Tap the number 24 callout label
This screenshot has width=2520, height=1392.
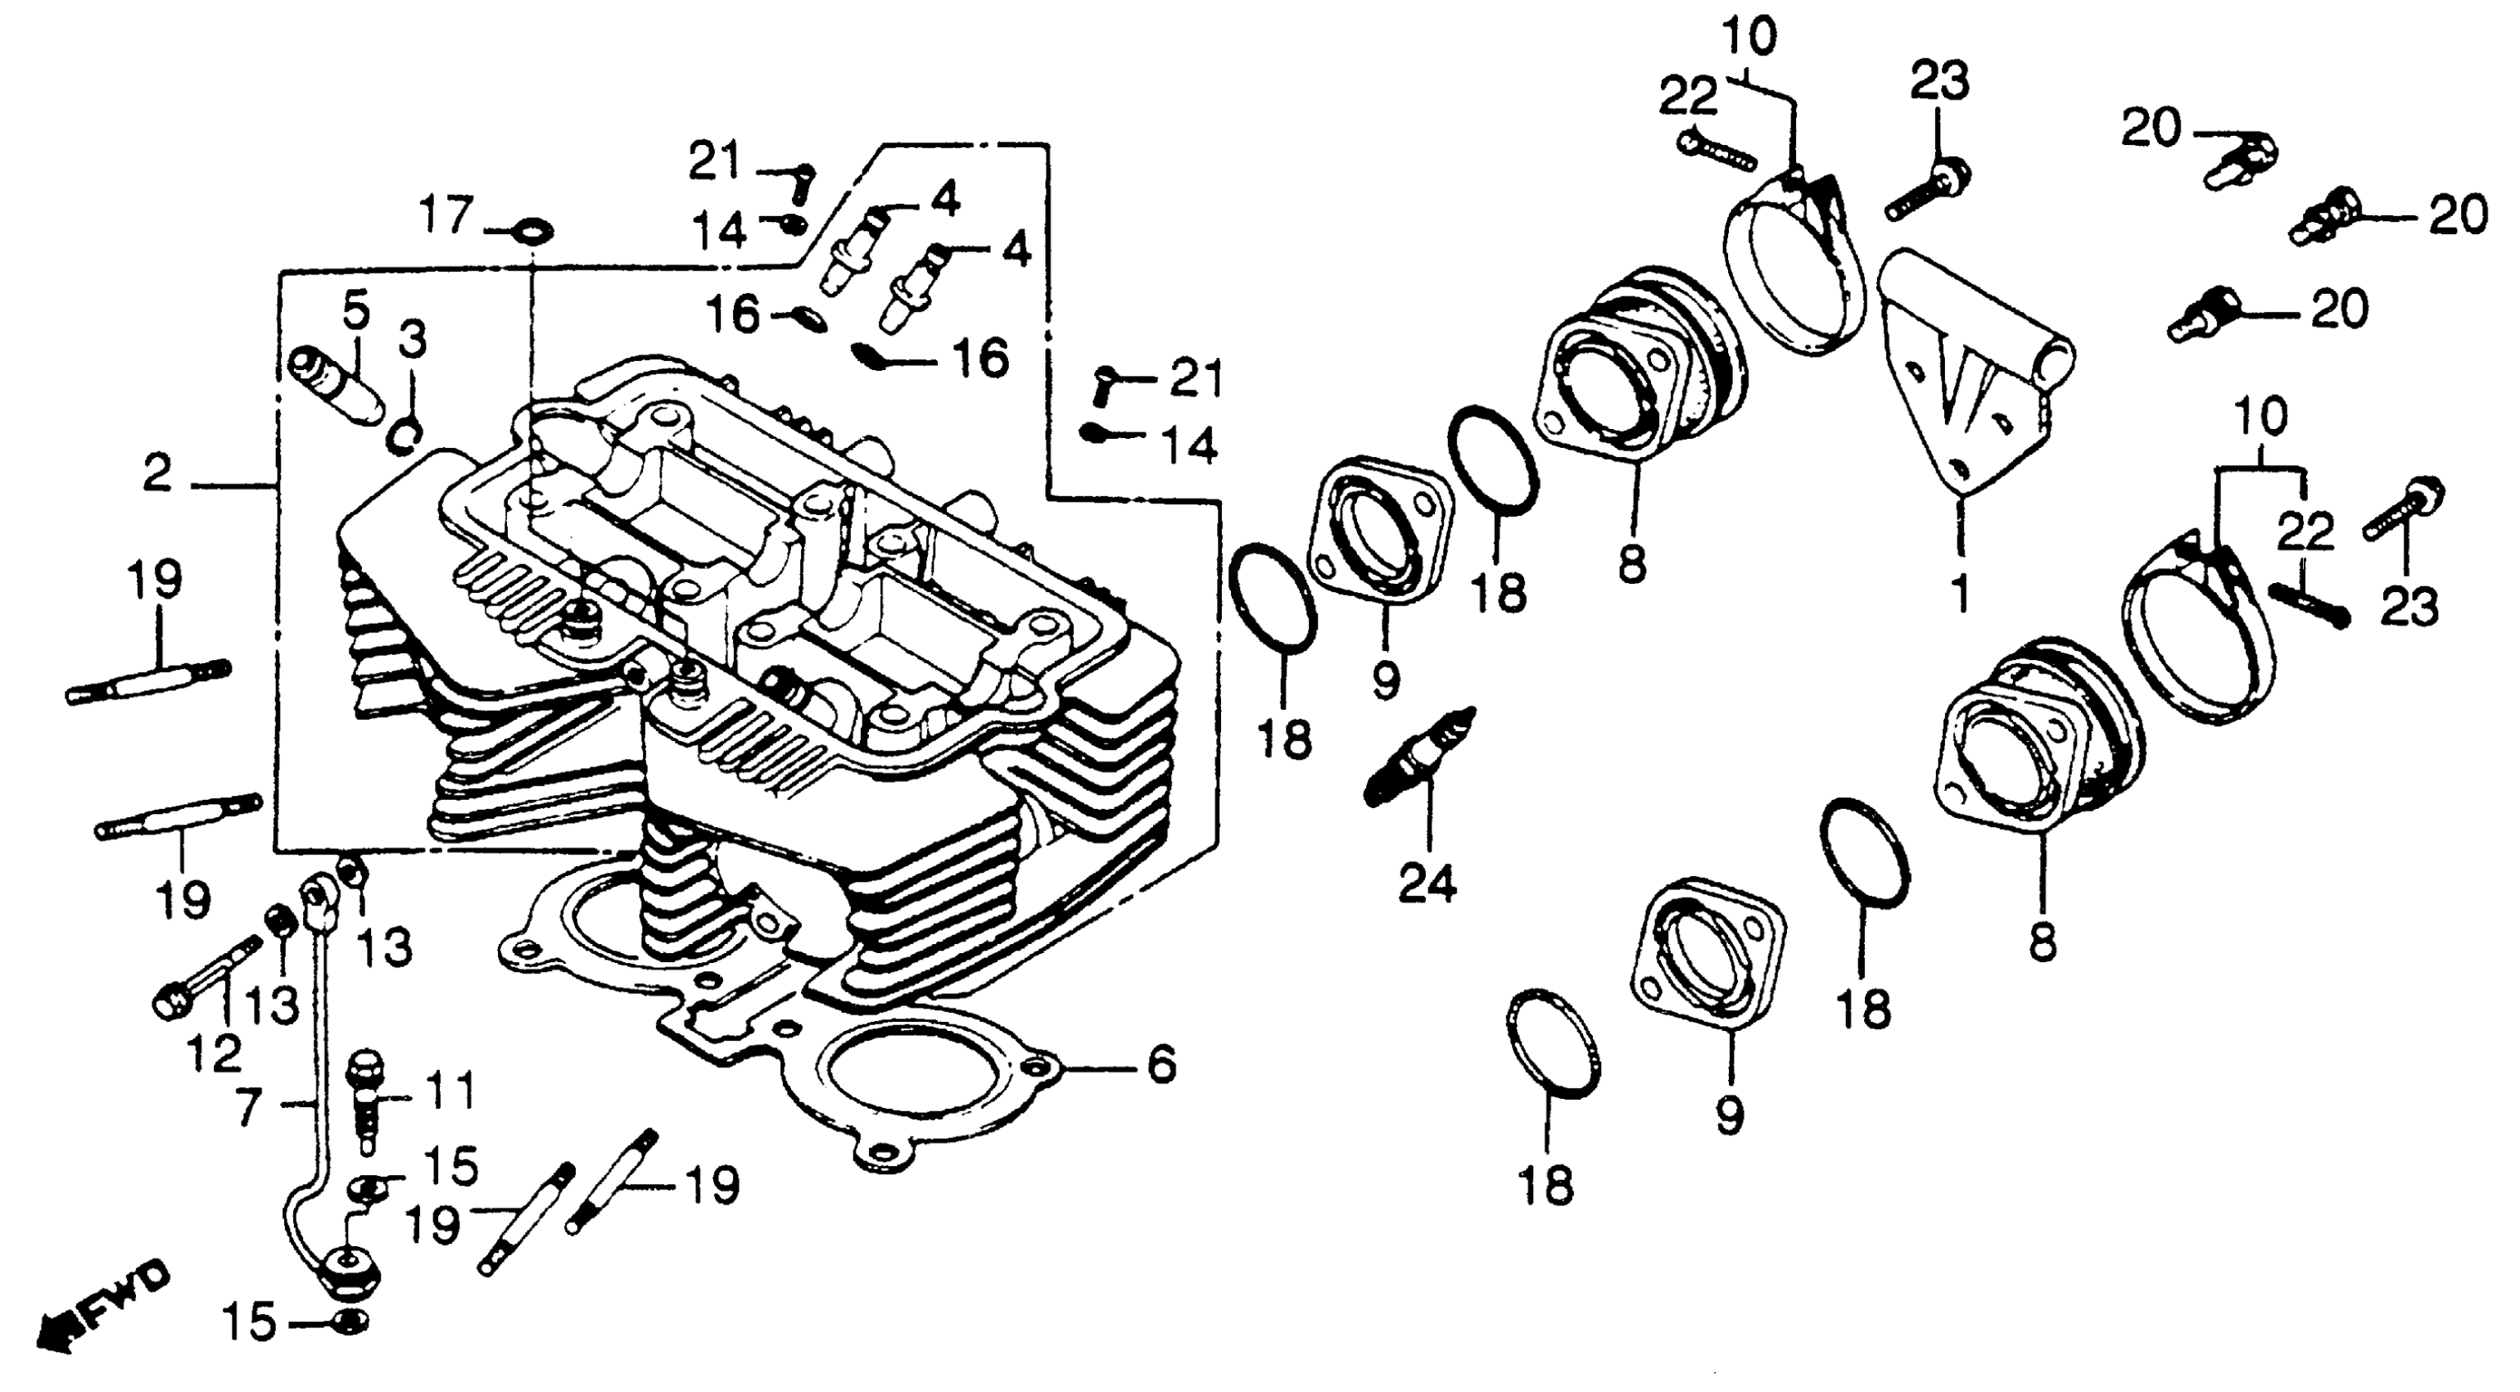pyautogui.click(x=1427, y=884)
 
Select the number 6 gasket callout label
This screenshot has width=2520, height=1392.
pyautogui.click(x=1160, y=1064)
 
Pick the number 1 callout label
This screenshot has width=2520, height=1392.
pyautogui.click(x=1960, y=593)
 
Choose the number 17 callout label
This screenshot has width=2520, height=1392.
pyautogui.click(x=446, y=215)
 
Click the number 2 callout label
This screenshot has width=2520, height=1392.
pyautogui.click(x=156, y=476)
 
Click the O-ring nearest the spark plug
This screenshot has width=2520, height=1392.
pyautogui.click(x=1273, y=598)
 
